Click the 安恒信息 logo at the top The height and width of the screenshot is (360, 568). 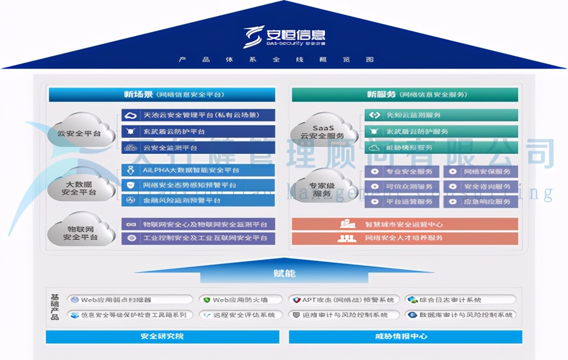coord(284,37)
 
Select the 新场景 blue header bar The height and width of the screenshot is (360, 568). coord(162,94)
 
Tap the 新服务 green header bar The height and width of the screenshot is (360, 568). coord(404,94)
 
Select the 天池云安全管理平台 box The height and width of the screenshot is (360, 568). coord(198,115)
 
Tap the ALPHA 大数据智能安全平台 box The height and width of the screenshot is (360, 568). coord(198,170)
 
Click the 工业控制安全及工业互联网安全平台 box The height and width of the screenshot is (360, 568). coord(198,238)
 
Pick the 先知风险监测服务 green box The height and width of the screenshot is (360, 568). coord(441,115)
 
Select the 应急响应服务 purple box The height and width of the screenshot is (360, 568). coord(480,201)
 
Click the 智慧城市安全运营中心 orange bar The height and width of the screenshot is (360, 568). coord(404,225)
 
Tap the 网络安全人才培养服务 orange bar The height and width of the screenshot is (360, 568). coord(404,238)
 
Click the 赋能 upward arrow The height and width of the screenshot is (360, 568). coord(284,271)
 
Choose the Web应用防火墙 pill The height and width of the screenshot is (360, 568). coord(240,300)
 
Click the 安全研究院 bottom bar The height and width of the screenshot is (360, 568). coord(162,337)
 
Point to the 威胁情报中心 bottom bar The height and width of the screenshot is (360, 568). coord(405,337)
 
